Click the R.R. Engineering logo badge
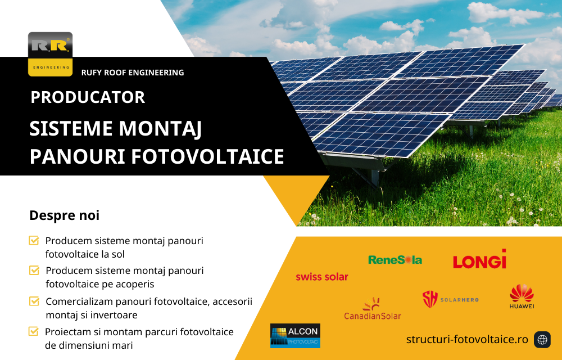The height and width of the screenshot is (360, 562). click(x=50, y=54)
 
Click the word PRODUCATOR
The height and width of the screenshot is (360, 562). click(x=88, y=97)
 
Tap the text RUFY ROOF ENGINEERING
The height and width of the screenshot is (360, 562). click(x=133, y=73)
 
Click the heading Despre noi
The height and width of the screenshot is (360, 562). click(x=64, y=215)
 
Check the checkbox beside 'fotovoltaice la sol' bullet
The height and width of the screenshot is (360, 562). click(x=34, y=241)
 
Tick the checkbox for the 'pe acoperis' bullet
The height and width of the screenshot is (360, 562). click(x=34, y=271)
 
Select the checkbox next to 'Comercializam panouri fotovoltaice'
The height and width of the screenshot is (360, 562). click(x=34, y=301)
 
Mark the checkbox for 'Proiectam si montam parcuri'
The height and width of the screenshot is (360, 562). click(x=34, y=331)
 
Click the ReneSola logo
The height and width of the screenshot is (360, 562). click(x=395, y=260)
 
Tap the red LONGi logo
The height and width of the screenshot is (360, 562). click(x=479, y=260)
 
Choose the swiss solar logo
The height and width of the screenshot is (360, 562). click(x=321, y=277)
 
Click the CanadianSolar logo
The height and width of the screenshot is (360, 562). click(x=373, y=309)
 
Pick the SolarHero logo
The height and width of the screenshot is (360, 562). click(x=450, y=299)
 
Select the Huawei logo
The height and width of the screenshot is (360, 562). click(x=522, y=296)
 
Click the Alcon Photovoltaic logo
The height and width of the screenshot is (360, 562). click(x=295, y=336)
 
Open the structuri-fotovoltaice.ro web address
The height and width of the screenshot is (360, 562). click(x=467, y=339)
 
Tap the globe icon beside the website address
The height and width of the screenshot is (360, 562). click(x=542, y=340)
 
